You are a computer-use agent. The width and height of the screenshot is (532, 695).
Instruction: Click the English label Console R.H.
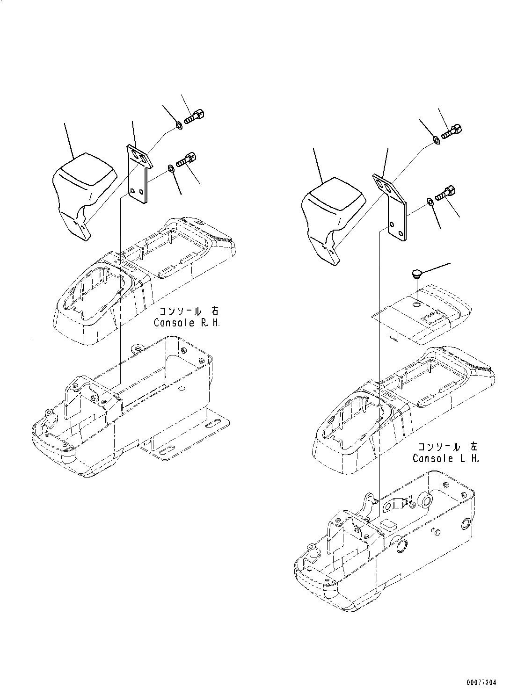pos(186,323)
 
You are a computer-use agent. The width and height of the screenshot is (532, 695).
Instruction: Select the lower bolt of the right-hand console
pos(186,159)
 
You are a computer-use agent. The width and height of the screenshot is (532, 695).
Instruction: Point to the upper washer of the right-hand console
pos(178,125)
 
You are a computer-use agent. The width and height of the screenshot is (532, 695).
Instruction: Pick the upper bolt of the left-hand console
pos(451,130)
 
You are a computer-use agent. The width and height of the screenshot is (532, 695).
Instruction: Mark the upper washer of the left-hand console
pos(435,139)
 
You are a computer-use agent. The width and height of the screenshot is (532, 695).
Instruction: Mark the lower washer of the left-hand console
pos(429,202)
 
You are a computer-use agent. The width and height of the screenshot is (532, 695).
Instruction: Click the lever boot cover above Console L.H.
pos(332,218)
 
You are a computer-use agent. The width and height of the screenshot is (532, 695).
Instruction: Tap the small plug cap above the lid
pos(416,273)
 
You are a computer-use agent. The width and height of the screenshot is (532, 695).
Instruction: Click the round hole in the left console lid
pos(416,304)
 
